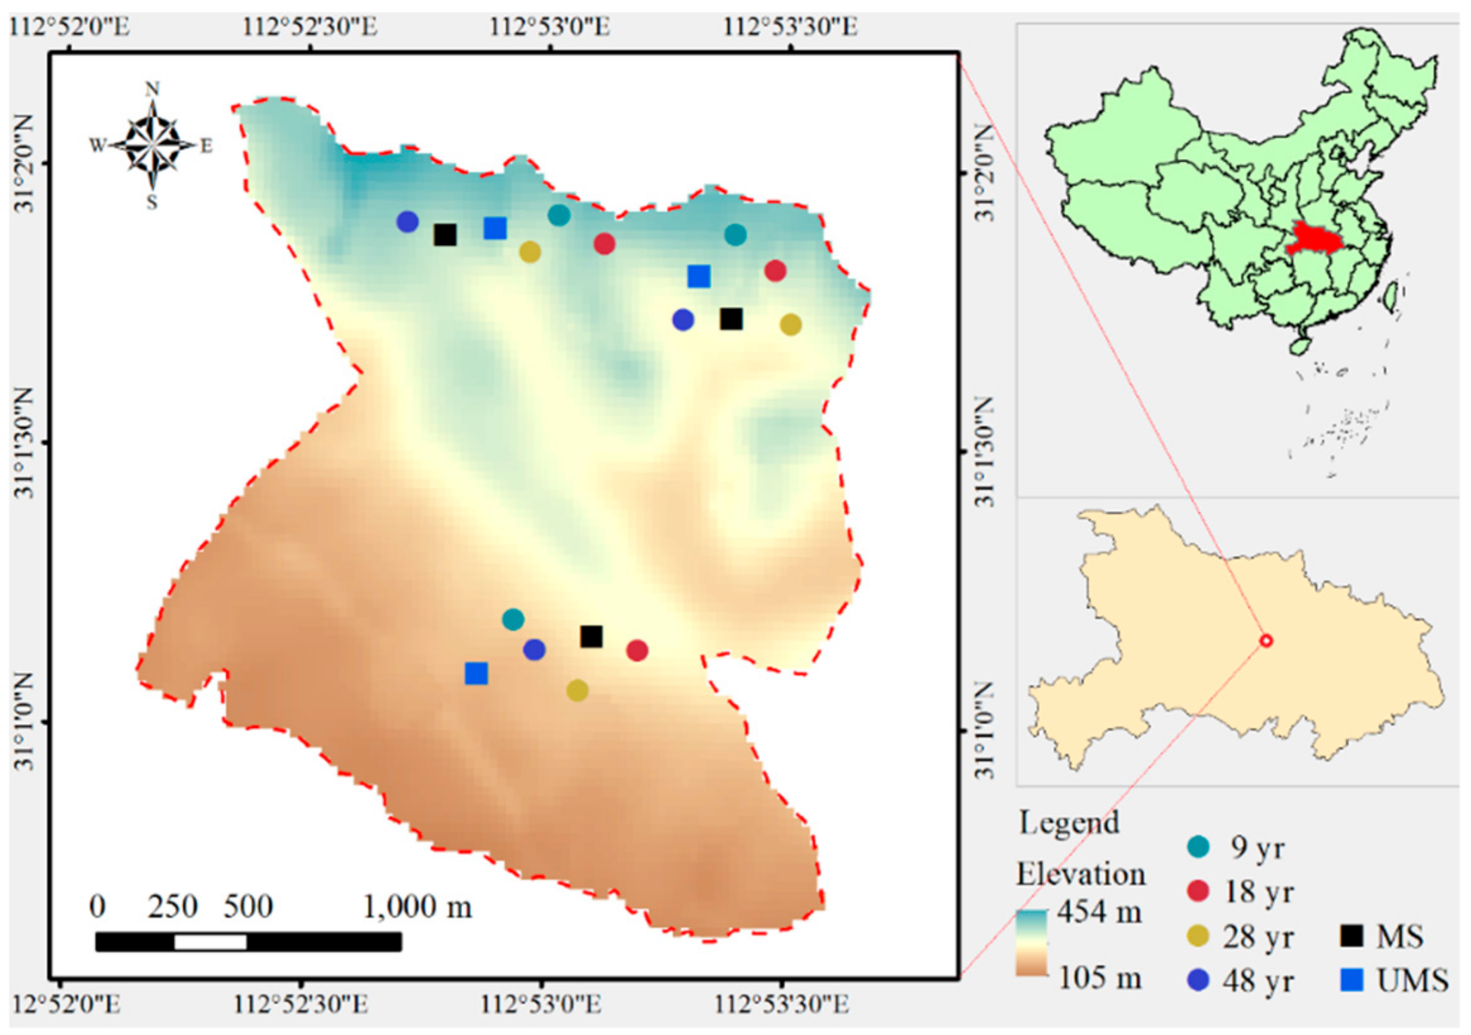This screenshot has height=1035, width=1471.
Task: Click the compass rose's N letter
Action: pos(153,89)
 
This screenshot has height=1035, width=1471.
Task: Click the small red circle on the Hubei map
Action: pos(1266,640)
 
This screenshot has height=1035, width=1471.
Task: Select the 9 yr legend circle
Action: pos(1199,846)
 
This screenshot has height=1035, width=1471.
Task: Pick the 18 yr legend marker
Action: pos(1199,891)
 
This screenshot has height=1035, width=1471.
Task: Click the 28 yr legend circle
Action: pos(1199,935)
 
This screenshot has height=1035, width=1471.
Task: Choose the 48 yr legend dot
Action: pos(1199,980)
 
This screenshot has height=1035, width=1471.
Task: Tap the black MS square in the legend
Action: pos(1351,935)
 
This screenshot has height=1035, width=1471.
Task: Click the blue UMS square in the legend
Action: pos(1351,980)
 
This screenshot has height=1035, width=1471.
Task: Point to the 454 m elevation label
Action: pos(1099,912)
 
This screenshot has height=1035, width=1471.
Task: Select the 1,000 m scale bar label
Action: pos(417,906)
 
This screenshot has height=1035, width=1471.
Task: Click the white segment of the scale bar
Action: pos(210,941)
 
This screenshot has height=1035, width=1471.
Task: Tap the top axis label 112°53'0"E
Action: pos(549,28)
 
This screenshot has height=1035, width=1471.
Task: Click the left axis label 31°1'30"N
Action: pos(24,442)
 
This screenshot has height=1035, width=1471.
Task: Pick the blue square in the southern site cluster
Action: pos(476,673)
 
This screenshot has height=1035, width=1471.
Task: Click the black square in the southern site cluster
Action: pos(591,636)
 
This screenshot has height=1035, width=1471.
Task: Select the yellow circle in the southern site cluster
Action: pos(577,690)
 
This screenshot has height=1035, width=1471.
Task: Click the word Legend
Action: pos(1069,823)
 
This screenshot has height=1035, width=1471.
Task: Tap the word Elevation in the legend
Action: pos(1080,874)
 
